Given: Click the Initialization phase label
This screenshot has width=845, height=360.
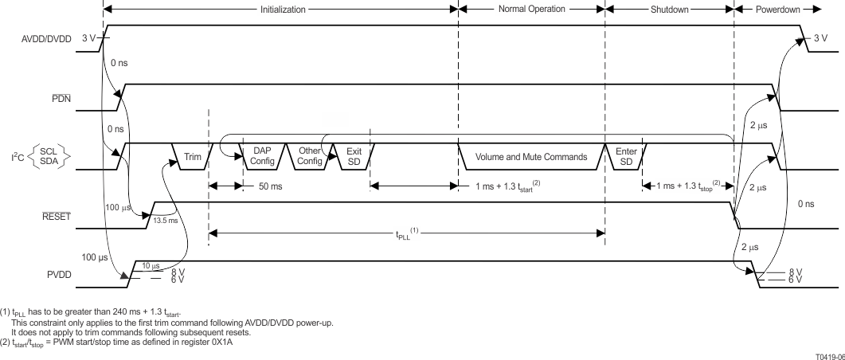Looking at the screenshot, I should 281,10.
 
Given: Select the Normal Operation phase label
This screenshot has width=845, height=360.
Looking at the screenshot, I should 531,10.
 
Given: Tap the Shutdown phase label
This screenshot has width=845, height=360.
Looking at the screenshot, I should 669,10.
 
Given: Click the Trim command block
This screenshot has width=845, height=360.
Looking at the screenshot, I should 193,157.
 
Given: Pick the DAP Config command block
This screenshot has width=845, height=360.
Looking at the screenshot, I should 262,156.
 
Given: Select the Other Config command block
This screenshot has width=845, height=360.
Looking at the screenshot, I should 309,156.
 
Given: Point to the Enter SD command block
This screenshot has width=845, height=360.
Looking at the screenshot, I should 626,156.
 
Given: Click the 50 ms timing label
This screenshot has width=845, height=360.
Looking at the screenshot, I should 268,187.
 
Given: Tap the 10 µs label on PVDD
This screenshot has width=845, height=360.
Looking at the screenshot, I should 151,265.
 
